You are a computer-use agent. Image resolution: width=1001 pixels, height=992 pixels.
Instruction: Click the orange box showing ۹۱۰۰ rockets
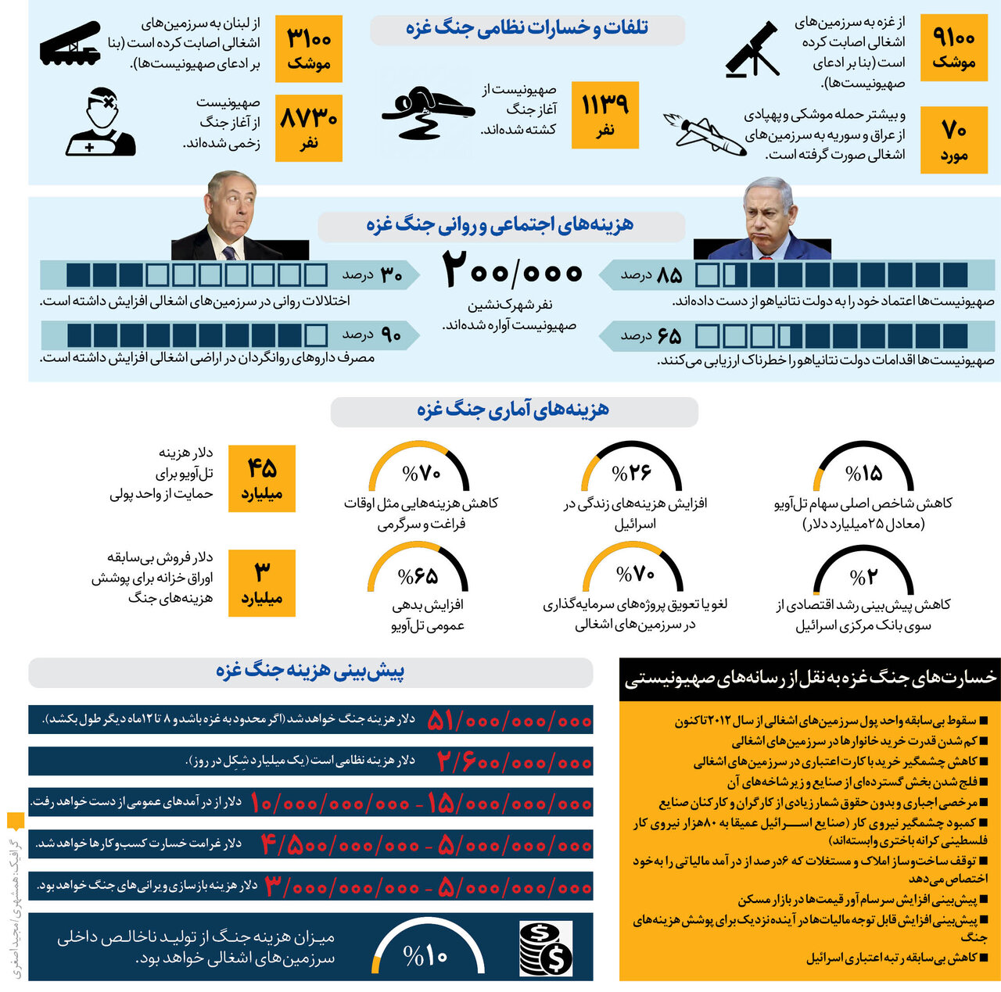[x=954, y=48]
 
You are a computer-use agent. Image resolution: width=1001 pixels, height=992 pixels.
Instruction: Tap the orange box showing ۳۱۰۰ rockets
[x=309, y=48]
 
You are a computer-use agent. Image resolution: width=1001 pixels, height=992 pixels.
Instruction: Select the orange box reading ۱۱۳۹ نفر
[x=605, y=115]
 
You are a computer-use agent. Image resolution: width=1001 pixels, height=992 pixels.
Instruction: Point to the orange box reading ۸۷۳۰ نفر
[x=309, y=128]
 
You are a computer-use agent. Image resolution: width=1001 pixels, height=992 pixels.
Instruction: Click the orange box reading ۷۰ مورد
[x=954, y=140]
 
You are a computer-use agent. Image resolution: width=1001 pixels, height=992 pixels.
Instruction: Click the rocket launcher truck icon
[x=70, y=44]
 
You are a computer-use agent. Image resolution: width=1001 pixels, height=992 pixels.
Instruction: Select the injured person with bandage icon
[x=101, y=123]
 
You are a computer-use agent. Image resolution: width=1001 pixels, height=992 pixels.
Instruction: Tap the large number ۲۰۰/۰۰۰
[x=513, y=270]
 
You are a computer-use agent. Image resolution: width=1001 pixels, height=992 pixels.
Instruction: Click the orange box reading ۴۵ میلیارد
[x=262, y=478]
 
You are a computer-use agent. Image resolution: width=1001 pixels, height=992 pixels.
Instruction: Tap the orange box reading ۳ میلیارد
[x=262, y=583]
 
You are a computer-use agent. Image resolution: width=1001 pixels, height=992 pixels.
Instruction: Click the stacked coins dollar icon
[x=546, y=947]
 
